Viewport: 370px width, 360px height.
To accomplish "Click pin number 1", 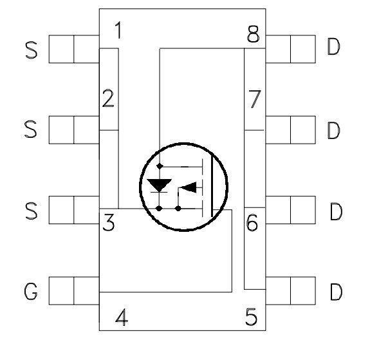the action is coord(119,30).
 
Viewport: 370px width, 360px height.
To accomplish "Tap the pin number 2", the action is coord(108,99).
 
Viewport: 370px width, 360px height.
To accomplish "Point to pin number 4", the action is coord(122,317).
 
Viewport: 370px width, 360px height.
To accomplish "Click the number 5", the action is coord(251,317).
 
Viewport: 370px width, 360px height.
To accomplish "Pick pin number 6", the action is coord(252,222).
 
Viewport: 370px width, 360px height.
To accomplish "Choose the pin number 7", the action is coord(255,99).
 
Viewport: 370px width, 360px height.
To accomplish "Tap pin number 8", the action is coord(253,33).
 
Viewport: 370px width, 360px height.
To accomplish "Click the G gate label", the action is coord(31,292).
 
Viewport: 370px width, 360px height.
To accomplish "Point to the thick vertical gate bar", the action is coord(212,187).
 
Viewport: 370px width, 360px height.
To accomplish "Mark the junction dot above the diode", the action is coord(160,166).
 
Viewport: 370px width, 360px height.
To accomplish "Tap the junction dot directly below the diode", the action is coord(160,209).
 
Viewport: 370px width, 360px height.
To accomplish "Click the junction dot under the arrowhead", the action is coord(178,209).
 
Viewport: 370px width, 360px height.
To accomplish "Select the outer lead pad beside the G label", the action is coord(61,291).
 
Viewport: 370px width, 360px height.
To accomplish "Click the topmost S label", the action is coord(32,50).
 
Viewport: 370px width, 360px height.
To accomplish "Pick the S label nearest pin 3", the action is coord(32,211).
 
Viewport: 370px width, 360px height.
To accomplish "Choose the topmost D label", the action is coord(334,46).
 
